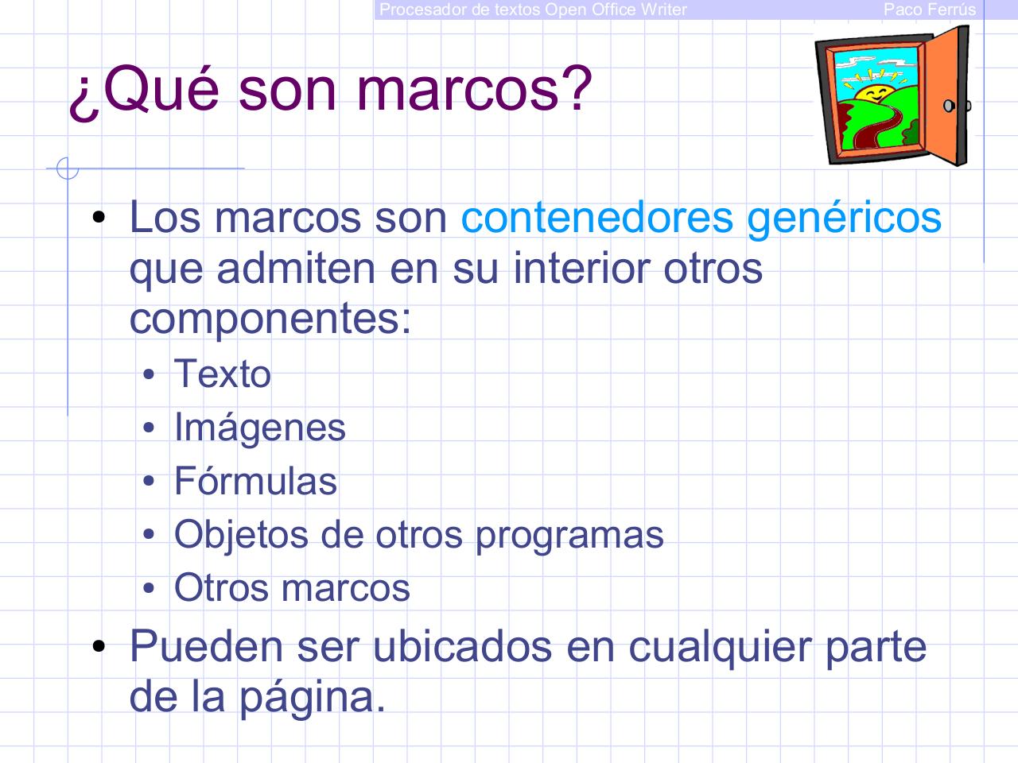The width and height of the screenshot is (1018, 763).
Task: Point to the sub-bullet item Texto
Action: [x=222, y=374]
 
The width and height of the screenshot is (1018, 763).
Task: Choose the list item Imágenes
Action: [x=259, y=428]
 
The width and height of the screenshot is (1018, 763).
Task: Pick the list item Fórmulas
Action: [x=255, y=482]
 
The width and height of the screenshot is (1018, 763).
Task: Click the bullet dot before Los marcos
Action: [x=99, y=217]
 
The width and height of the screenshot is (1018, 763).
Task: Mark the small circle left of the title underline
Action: [x=67, y=168]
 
